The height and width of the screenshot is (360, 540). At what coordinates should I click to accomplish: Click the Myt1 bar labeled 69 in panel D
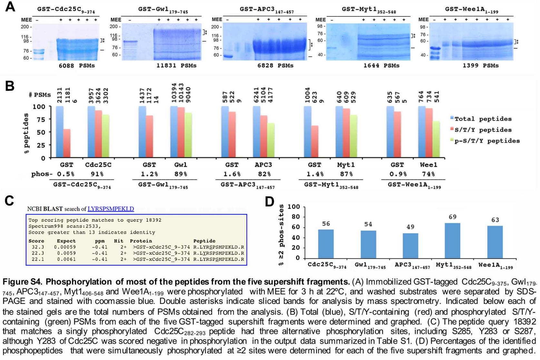452,240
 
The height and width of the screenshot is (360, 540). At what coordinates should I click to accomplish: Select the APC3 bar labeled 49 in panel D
410,245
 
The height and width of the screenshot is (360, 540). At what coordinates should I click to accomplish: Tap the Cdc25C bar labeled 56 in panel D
326,243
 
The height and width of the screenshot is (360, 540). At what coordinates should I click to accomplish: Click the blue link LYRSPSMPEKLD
111,209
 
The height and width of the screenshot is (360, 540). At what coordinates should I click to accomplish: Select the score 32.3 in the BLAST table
38,247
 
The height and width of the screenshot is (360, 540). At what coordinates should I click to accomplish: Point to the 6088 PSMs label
77,66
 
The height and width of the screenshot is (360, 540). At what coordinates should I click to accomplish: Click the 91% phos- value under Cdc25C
97,174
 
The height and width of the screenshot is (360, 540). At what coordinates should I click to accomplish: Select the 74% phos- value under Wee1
428,174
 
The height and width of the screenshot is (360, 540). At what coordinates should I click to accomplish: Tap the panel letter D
270,202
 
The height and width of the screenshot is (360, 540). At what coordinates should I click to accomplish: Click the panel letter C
9,200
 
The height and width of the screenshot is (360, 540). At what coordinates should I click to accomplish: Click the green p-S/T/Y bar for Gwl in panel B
188,135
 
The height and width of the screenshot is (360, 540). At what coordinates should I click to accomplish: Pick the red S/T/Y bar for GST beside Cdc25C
67,143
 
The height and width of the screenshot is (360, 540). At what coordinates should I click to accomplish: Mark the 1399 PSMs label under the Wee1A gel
480,66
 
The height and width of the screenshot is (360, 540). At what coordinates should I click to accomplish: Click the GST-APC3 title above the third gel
266,10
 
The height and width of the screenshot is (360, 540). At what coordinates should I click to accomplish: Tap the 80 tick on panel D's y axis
296,217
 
